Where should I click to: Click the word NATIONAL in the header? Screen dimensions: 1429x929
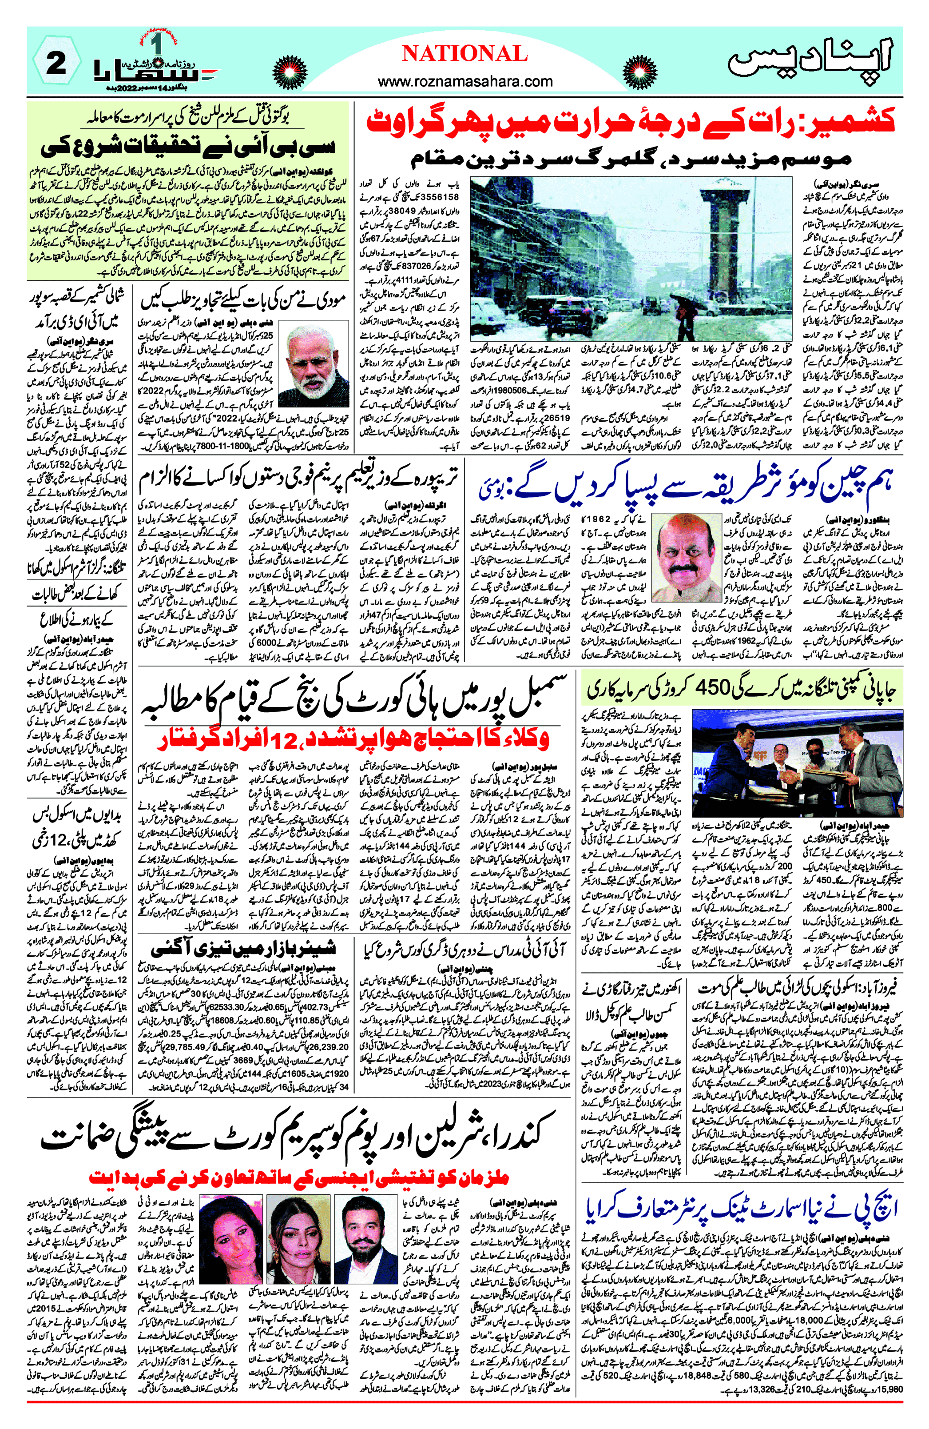point(464,54)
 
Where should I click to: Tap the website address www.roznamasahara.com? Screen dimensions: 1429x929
point(465,81)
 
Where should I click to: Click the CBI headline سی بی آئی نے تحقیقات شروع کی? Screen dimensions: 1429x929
point(187,148)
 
